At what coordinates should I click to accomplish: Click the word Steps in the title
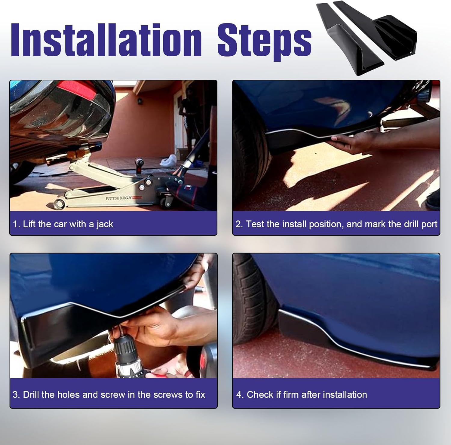tap(264, 42)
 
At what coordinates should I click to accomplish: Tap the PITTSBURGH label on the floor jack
tap(118, 198)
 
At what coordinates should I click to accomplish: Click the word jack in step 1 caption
tap(105, 225)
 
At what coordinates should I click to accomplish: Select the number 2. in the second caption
tap(239, 224)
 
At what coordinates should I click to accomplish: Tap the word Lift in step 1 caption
tap(29, 224)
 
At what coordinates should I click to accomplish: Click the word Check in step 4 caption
tap(259, 394)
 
